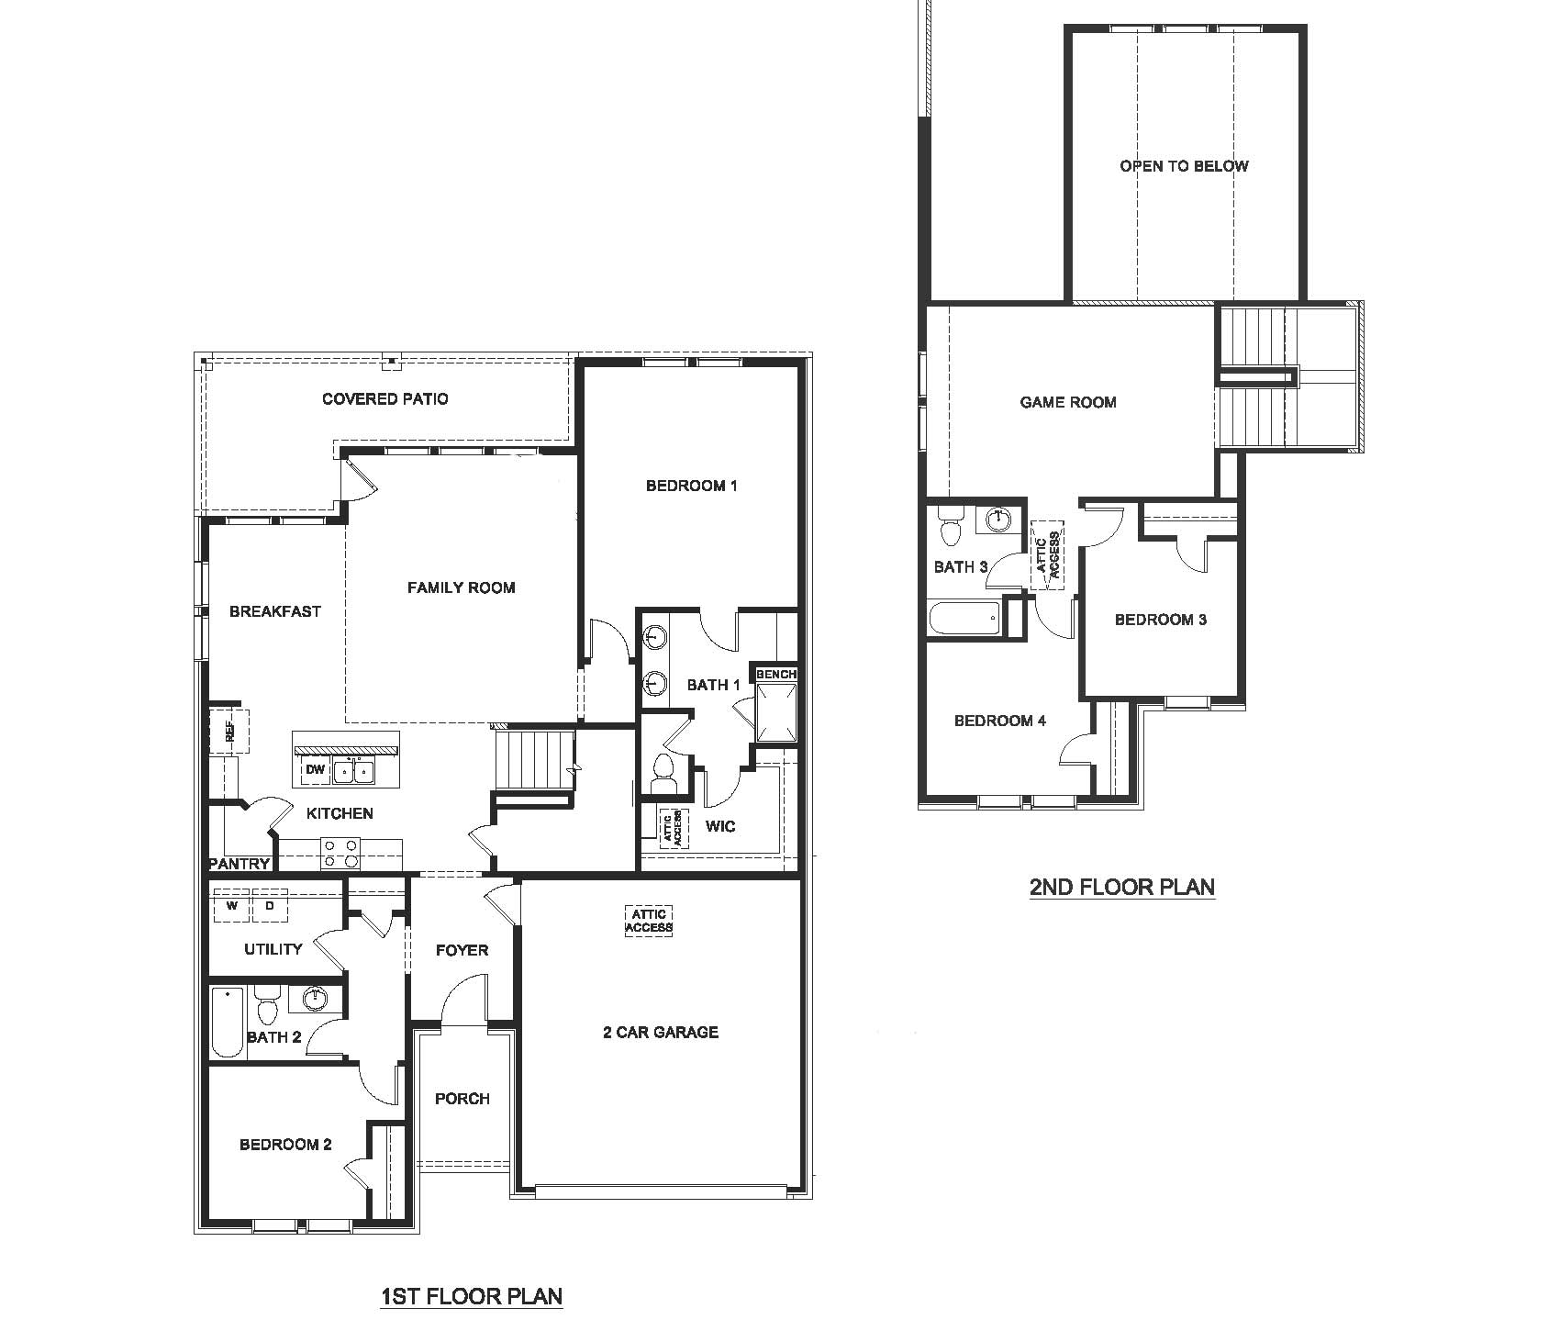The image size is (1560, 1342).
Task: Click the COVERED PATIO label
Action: pyautogui.click(x=384, y=398)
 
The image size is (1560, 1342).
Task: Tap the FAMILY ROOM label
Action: pyautogui.click(x=461, y=587)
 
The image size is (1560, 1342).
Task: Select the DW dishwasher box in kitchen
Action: pyautogui.click(x=316, y=770)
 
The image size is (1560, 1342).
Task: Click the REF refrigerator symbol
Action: pyautogui.click(x=228, y=731)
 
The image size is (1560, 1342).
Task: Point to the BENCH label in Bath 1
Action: pyautogui.click(x=775, y=674)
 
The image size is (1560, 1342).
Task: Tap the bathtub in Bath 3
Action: pyautogui.click(x=964, y=618)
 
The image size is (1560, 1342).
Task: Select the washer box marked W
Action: pyautogui.click(x=233, y=906)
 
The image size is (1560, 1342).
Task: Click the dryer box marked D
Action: pyautogui.click(x=270, y=906)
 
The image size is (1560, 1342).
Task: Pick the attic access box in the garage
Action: pyautogui.click(x=649, y=921)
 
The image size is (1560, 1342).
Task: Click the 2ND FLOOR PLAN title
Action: pyautogui.click(x=1121, y=887)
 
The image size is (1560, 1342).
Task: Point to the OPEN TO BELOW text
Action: pyautogui.click(x=1183, y=166)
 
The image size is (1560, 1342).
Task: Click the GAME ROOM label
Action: pyautogui.click(x=1067, y=402)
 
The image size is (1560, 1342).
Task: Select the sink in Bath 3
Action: pyautogui.click(x=997, y=520)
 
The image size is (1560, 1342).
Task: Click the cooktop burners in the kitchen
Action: pyautogui.click(x=340, y=854)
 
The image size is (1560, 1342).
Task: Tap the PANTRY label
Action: pyautogui.click(x=240, y=864)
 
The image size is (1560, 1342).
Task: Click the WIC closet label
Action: pyautogui.click(x=720, y=826)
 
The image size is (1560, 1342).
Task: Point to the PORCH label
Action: pyautogui.click(x=462, y=1099)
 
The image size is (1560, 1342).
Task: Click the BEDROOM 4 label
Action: pyautogui.click(x=999, y=721)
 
